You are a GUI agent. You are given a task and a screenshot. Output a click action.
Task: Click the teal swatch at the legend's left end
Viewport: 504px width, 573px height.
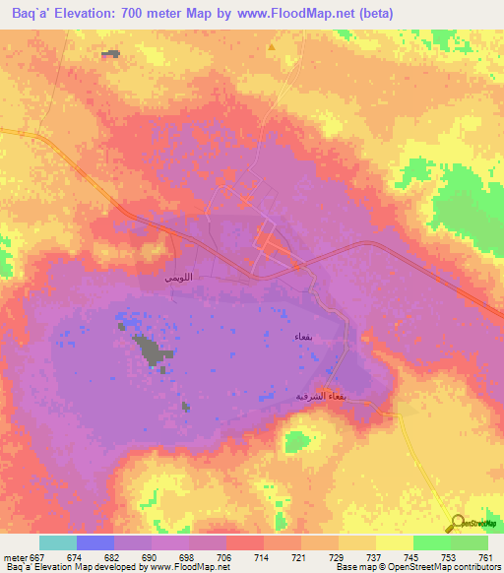point(58,542)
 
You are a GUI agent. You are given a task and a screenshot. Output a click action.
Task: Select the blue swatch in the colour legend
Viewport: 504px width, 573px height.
point(95,542)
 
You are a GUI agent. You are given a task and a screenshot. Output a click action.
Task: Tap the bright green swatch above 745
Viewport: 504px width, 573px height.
point(431,542)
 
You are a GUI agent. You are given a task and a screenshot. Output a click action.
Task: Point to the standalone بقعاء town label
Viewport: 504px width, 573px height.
point(303,338)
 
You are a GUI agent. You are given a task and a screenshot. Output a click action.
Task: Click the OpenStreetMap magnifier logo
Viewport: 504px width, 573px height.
point(456,523)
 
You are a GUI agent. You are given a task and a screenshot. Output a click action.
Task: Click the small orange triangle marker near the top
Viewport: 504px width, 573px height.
point(271,46)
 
